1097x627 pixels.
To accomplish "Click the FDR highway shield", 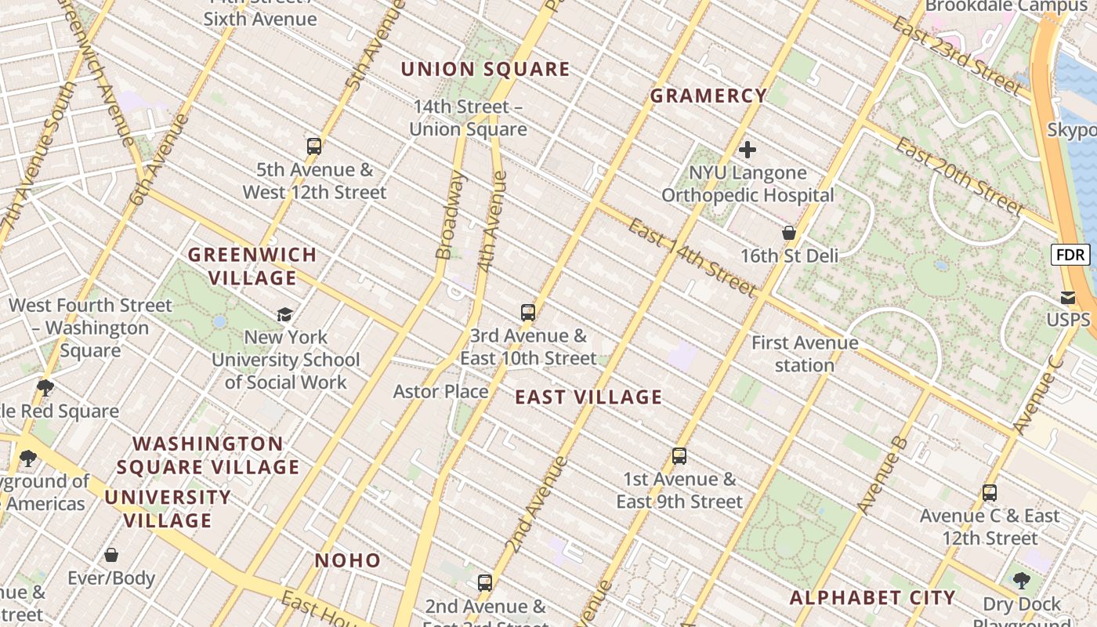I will click(x=1070, y=255).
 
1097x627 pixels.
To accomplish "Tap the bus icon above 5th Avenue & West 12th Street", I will click(x=314, y=146).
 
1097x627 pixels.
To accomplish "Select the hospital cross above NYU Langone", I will click(x=748, y=149).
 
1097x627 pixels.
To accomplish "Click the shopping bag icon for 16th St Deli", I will click(x=789, y=233).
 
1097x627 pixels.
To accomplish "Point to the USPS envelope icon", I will click(x=1068, y=297).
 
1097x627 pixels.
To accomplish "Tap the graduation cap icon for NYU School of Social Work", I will click(x=284, y=314).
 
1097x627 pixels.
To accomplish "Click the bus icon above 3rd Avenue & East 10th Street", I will click(x=528, y=313).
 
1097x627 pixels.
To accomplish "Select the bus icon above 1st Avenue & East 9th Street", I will click(x=679, y=456).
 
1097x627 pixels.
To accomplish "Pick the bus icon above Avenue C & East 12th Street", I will click(x=990, y=493).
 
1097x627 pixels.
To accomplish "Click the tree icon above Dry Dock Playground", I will click(x=1021, y=581).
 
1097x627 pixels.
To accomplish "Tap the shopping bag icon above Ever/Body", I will click(x=111, y=555).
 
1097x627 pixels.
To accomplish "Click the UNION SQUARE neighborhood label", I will click(x=486, y=69).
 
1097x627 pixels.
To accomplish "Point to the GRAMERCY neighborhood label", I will click(x=708, y=96).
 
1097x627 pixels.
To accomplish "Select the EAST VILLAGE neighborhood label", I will click(x=588, y=397).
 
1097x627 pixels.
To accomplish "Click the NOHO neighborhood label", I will click(x=348, y=560).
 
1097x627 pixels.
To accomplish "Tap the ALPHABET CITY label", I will click(x=872, y=598).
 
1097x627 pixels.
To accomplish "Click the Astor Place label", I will click(x=440, y=391).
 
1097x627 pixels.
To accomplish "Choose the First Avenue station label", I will click(x=805, y=353).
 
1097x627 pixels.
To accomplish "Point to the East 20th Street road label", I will click(x=959, y=177).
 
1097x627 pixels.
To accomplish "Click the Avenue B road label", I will click(x=883, y=476).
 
